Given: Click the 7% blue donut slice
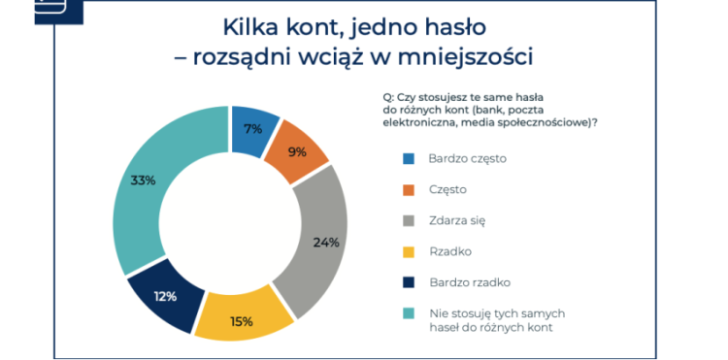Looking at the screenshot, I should tap(252, 129).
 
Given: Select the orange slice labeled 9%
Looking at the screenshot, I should tap(294, 152).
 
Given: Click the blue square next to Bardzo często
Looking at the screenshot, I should tap(409, 158).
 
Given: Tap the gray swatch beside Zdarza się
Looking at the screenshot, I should tap(409, 220).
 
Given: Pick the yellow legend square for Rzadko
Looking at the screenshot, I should tap(409, 251).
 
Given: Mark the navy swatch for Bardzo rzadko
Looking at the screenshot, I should tap(409, 282).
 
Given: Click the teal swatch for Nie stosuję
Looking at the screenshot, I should tap(409, 313).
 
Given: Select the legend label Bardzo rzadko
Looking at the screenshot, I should tap(470, 282).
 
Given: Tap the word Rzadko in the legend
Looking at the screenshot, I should tap(449, 251).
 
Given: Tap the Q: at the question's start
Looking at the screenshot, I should tap(388, 97).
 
